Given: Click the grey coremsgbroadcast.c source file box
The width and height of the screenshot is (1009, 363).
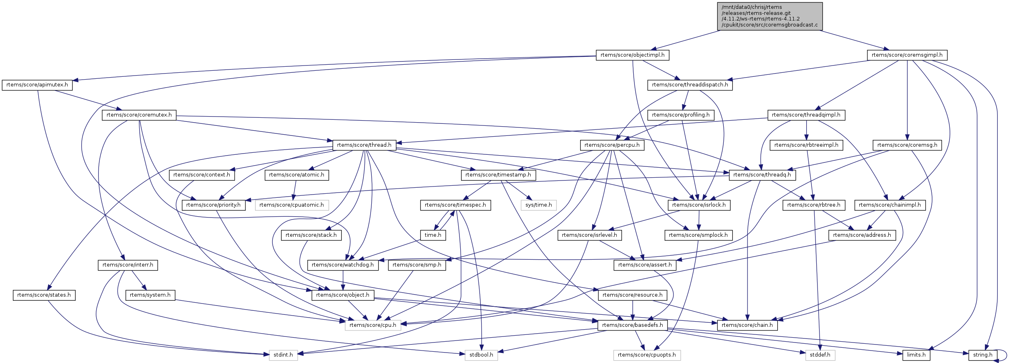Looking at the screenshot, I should pyautogui.click(x=770, y=16).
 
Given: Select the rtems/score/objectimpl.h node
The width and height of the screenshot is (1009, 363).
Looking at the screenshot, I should pyautogui.click(x=632, y=55).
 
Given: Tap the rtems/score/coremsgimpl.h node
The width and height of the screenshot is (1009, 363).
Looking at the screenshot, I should pyautogui.click(x=907, y=55).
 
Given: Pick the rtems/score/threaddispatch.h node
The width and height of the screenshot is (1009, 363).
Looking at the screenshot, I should pyautogui.click(x=690, y=85).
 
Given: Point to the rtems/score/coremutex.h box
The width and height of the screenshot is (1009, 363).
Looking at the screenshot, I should pyautogui.click(x=139, y=115).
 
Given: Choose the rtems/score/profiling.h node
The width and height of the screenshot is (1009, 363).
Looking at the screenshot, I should pyautogui.click(x=681, y=115).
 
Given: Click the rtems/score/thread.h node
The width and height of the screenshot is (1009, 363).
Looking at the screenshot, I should pyautogui.click(x=364, y=145).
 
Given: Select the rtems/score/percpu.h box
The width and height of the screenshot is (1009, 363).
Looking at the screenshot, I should pyautogui.click(x=612, y=145).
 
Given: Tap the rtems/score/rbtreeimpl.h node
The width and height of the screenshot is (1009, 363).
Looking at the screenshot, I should pyautogui.click(x=806, y=145).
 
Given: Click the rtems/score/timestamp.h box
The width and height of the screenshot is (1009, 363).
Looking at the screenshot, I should pyautogui.click(x=498, y=175).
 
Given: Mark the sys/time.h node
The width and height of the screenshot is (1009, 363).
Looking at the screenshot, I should pyautogui.click(x=539, y=205).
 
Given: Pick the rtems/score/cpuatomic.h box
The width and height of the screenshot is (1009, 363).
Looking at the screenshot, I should pyautogui.click(x=292, y=205).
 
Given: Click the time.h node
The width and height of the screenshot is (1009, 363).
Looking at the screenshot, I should pyautogui.click(x=433, y=235).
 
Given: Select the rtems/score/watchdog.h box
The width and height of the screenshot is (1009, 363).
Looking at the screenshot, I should pyautogui.click(x=343, y=265).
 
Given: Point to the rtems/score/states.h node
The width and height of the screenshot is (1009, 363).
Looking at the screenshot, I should pyautogui.click(x=44, y=295).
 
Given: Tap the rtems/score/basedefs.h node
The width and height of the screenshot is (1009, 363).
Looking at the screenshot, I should pyautogui.click(x=632, y=325).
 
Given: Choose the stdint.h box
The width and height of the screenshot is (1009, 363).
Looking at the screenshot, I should pyautogui.click(x=283, y=355).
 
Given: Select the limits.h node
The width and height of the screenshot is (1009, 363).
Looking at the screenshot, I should pyautogui.click(x=916, y=355).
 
